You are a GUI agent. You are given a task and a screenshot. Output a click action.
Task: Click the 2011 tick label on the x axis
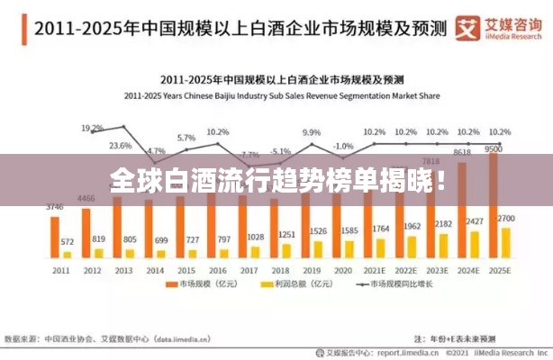pos(59,269)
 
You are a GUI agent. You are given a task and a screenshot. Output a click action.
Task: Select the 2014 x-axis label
pos(156,269)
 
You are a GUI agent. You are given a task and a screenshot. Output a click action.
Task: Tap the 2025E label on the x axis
pos(498,269)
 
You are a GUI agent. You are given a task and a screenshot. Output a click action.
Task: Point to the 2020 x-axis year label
pos(341,269)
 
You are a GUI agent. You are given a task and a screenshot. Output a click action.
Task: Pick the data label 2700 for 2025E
pos(507,219)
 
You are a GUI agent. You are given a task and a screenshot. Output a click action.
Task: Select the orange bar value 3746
pos(55,207)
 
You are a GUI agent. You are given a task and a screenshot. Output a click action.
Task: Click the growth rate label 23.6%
pos(120,146)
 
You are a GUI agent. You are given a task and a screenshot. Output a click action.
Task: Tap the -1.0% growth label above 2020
pos(343,146)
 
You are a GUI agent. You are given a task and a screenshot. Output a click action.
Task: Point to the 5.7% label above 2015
pos(186,138)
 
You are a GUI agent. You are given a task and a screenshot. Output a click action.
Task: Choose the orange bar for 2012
pos(86,233)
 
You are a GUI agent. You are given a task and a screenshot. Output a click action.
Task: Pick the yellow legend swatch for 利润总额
pos(265,285)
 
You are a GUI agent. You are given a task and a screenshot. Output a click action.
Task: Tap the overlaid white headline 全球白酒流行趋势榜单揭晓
pos(276,180)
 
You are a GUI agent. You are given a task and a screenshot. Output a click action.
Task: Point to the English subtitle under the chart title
pos(276,94)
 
